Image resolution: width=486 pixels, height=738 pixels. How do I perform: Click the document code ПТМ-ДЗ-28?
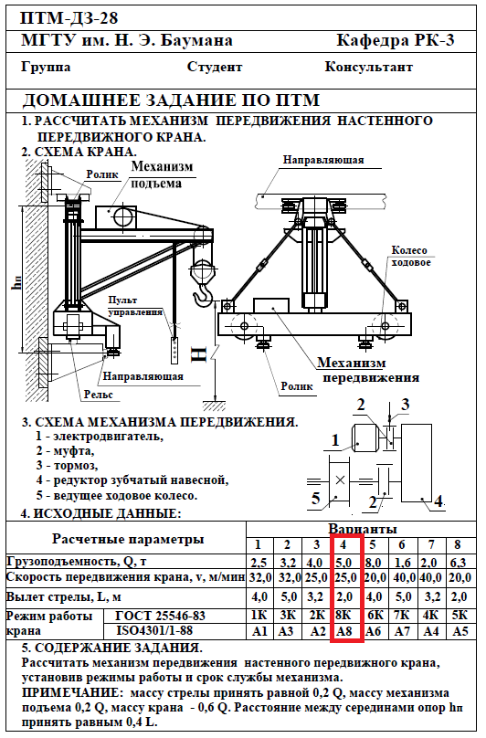[x=69, y=19]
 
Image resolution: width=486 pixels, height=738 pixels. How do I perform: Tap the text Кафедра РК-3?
[x=396, y=40]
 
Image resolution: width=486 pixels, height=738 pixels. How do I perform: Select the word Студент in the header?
[x=215, y=67]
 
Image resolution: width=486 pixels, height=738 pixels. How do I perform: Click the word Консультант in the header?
[x=369, y=67]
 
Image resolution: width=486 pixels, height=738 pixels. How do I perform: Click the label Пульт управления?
[x=135, y=306]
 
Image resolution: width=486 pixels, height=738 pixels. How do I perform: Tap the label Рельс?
[x=99, y=394]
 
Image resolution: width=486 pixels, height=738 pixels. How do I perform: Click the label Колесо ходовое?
[x=411, y=257]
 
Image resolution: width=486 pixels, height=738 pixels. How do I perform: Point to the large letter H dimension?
[x=199, y=354]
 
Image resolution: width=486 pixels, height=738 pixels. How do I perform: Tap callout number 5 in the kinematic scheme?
[x=315, y=498]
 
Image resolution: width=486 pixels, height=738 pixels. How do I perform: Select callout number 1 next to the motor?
[x=335, y=440]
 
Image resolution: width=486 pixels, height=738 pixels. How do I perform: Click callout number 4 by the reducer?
[x=438, y=501]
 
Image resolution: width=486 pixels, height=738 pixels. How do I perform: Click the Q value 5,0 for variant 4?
[x=343, y=563]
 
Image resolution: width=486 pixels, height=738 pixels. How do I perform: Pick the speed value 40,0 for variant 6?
[x=402, y=577]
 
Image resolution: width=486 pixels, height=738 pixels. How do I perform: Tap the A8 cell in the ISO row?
[x=344, y=631]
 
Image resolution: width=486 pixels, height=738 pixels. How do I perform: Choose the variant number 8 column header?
[x=458, y=545]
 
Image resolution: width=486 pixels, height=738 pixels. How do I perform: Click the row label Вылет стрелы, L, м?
[x=64, y=597]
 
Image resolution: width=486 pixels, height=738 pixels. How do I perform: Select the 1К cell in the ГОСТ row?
[x=259, y=616]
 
